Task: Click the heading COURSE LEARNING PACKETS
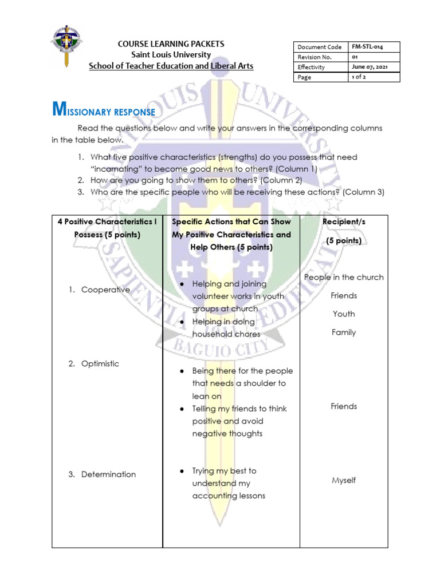pos(171,44)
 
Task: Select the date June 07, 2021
pos(370,66)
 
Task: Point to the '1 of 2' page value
pos(359,77)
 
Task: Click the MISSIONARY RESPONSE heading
pos(104,110)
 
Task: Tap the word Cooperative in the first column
pos(105,290)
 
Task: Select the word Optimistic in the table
pos(100,363)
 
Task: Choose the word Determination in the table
pos(108,474)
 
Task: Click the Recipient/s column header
pos(344,221)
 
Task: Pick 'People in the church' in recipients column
pos(344,277)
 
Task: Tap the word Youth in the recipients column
pos(344,314)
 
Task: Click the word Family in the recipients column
pos(344,332)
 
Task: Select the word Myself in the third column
pos(344,480)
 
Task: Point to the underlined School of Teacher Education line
pos(171,66)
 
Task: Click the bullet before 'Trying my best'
pos(181,471)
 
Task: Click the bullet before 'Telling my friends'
pos(181,409)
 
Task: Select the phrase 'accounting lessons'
pos(229,496)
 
